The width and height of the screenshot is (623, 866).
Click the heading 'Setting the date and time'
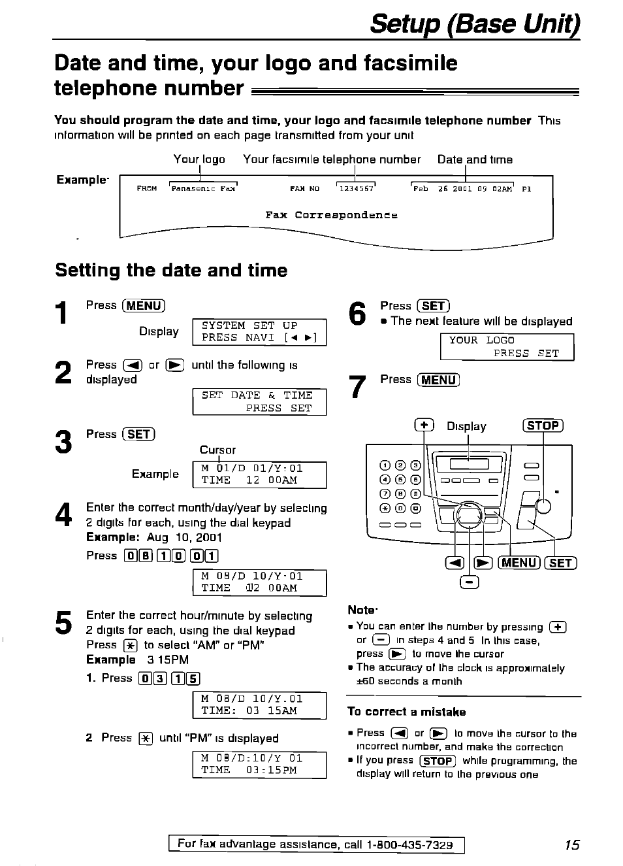point(171,271)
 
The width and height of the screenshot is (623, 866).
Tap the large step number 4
point(63,516)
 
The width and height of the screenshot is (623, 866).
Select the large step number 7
point(357,387)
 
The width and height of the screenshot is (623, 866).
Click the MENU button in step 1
point(144,306)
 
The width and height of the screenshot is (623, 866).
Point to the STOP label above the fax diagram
point(543,426)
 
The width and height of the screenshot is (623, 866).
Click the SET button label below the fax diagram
point(561,563)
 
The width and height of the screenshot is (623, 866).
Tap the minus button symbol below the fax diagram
point(470,582)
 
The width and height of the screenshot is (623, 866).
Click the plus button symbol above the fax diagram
point(424,425)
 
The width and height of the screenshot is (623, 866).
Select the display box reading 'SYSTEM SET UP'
point(259,332)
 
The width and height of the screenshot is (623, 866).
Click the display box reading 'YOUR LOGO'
point(507,347)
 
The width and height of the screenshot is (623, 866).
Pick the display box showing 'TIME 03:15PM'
point(259,765)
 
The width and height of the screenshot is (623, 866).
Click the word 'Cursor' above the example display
point(217,450)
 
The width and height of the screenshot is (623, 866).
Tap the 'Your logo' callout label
point(199,159)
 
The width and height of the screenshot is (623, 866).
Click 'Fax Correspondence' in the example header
point(331,215)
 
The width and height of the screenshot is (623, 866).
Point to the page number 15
point(571,845)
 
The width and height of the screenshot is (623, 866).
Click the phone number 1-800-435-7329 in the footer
point(409,845)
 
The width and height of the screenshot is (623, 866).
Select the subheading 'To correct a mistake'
point(406,712)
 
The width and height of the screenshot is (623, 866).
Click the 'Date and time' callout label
point(475,159)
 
